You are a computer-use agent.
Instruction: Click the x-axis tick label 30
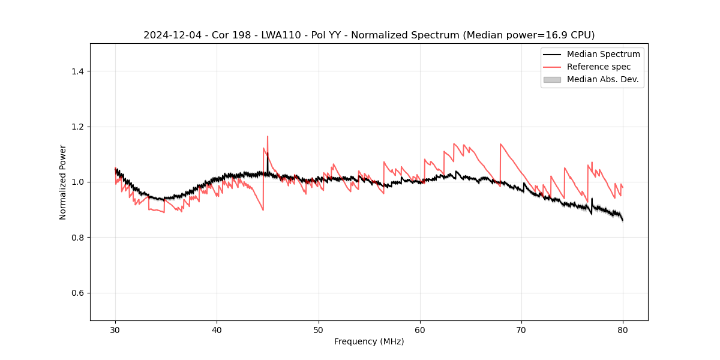coord(115,329)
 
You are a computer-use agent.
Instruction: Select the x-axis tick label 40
coord(217,329)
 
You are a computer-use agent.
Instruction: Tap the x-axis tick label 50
coord(319,329)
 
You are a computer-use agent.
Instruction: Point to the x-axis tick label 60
coord(420,329)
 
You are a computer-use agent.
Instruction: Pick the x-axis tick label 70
coord(521,329)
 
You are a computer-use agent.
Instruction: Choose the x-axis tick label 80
coord(623,329)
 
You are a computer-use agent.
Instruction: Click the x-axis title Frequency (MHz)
coord(369,341)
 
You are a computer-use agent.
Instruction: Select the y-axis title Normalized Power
coord(63,182)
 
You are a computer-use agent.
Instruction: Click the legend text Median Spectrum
coord(603,54)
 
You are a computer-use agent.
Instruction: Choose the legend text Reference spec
coord(599,67)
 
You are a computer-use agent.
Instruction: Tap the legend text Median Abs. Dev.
coord(603,79)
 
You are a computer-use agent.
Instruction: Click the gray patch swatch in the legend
coord(552,79)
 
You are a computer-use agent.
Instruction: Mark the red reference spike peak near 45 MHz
coord(268,136)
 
